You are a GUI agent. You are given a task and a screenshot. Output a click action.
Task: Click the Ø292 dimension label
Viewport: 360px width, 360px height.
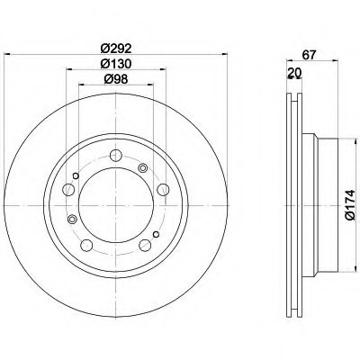click(116, 48)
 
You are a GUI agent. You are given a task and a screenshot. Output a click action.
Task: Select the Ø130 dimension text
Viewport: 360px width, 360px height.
click(116, 64)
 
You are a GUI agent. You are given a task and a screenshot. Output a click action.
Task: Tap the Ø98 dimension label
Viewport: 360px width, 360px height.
click(116, 79)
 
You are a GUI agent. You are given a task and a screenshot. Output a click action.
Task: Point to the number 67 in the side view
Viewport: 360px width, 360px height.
click(310, 55)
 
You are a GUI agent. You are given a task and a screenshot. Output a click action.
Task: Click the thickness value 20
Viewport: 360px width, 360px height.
click(294, 72)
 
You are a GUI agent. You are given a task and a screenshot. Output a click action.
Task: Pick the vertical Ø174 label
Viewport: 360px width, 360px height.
click(350, 205)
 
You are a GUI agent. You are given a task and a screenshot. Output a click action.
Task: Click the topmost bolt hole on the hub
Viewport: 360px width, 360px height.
click(116, 156)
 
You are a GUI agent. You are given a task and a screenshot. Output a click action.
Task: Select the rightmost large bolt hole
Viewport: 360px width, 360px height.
click(163, 190)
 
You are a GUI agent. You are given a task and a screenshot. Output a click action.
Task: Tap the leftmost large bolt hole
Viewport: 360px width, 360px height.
click(68, 190)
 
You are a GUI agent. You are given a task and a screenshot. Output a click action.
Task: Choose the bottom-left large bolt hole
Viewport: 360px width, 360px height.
click(86, 246)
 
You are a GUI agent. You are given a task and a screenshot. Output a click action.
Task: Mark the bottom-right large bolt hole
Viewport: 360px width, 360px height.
click(145, 246)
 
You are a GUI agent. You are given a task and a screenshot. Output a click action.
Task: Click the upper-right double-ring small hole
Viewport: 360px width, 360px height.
click(142, 168)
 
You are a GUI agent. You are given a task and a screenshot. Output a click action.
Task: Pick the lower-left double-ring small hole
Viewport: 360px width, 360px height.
click(72, 219)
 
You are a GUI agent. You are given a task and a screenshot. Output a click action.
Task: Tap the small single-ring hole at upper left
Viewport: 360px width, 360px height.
click(76, 175)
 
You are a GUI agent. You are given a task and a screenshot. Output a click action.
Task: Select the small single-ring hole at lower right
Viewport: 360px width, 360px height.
click(156, 234)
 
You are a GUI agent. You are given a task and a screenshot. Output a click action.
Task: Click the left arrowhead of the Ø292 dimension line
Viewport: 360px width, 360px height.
click(6, 54)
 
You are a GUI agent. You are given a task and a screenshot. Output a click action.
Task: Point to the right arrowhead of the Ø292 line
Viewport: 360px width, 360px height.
click(224, 54)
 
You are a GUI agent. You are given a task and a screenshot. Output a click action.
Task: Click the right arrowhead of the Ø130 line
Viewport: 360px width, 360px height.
click(163, 69)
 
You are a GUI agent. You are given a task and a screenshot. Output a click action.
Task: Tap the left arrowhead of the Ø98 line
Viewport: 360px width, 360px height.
click(82, 85)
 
